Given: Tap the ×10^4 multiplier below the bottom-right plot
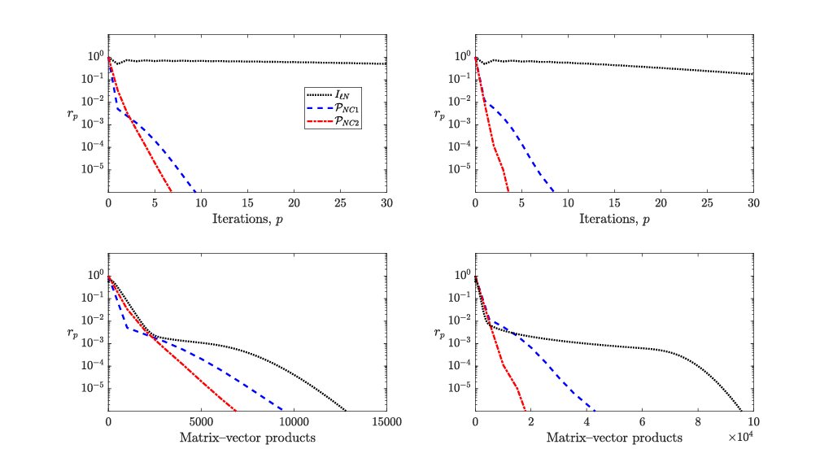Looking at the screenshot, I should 739,438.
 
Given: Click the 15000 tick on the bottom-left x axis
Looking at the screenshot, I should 386,422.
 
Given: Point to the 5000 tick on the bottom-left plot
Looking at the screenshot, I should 200,422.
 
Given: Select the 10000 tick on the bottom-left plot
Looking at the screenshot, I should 293,422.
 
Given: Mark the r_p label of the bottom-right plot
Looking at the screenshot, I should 441,333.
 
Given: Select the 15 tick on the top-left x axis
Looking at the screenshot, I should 246,203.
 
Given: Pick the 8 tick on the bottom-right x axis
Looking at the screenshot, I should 698,422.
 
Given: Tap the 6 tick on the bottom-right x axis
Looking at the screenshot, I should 642,422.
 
